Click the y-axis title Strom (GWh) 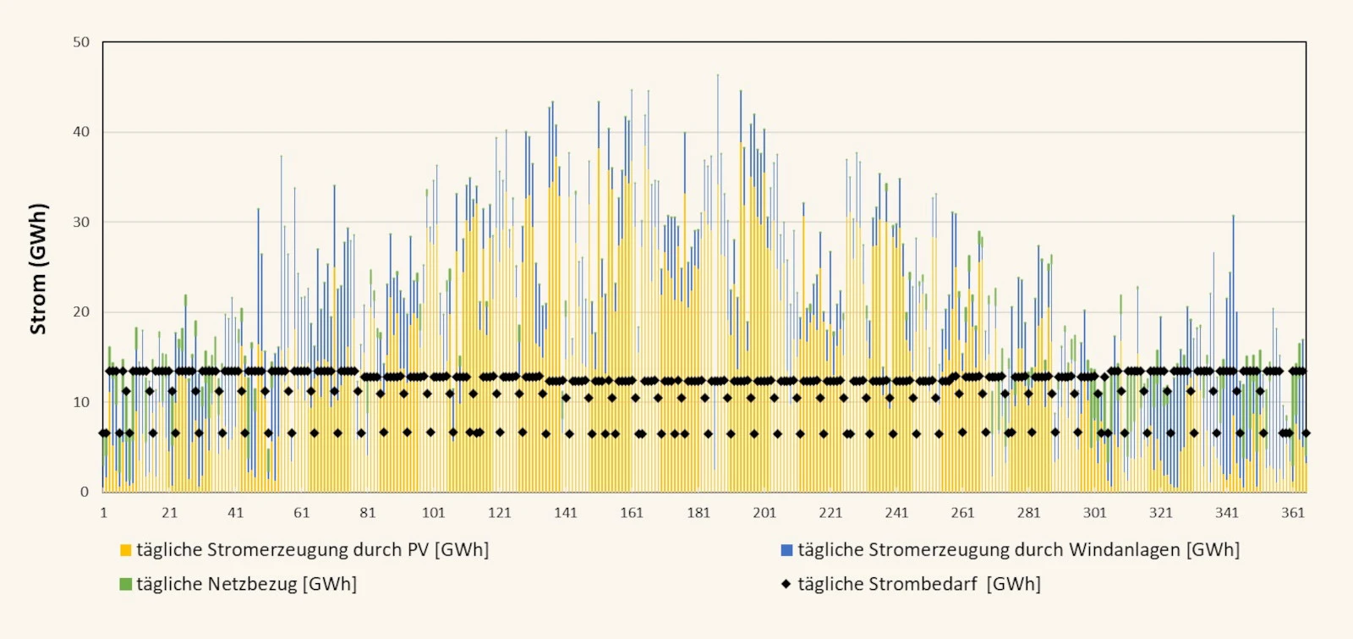pos(38,268)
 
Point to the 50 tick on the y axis pos(81,42)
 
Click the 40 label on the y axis pos(81,132)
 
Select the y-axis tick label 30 pos(81,222)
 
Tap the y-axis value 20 pos(81,312)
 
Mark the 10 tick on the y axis pos(81,402)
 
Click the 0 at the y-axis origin pos(85,492)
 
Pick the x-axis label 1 pos(104,513)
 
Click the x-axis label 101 pos(434,513)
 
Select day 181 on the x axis pos(698,513)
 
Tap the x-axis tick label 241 pos(896,513)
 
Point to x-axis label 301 pos(1094,513)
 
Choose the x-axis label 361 pos(1293,513)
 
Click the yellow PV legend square pos(126,550)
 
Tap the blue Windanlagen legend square pos(786,550)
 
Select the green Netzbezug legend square pos(126,585)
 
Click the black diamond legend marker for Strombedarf pos(786,585)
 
